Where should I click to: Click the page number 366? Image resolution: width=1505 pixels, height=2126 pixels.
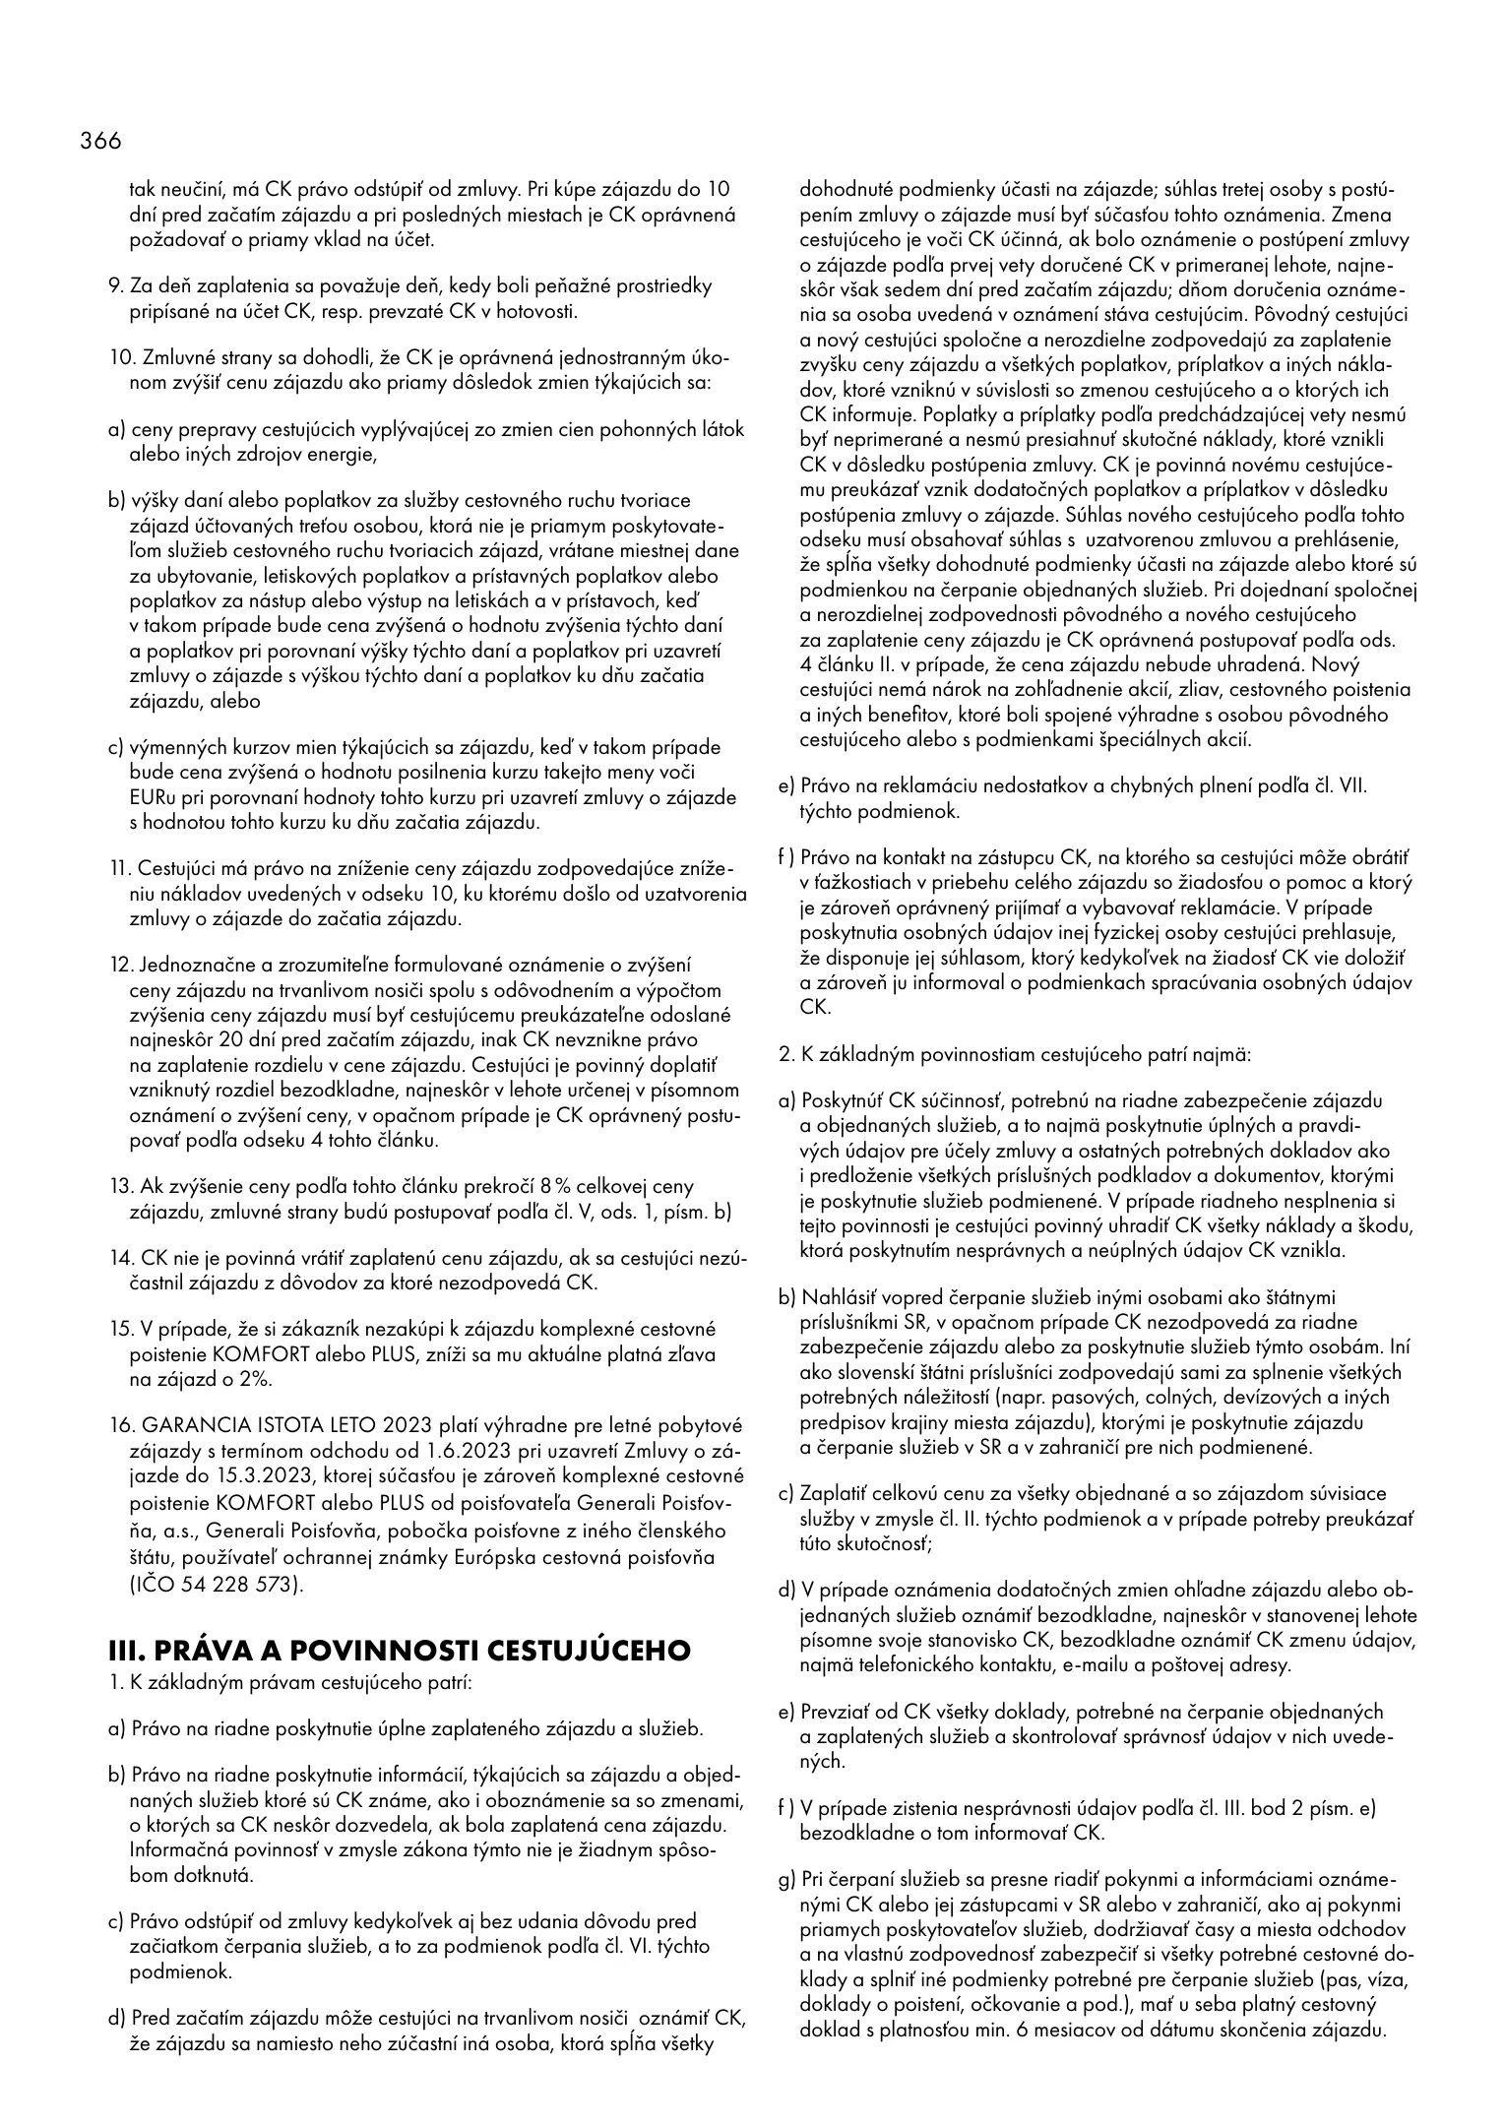[100, 142]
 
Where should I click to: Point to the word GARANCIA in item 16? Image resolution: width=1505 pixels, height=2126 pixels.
[186, 1425]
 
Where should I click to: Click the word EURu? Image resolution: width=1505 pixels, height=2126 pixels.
[151, 797]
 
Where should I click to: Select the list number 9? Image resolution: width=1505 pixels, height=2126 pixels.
[113, 286]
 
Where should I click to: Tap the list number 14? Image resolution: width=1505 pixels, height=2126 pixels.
[120, 1257]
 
